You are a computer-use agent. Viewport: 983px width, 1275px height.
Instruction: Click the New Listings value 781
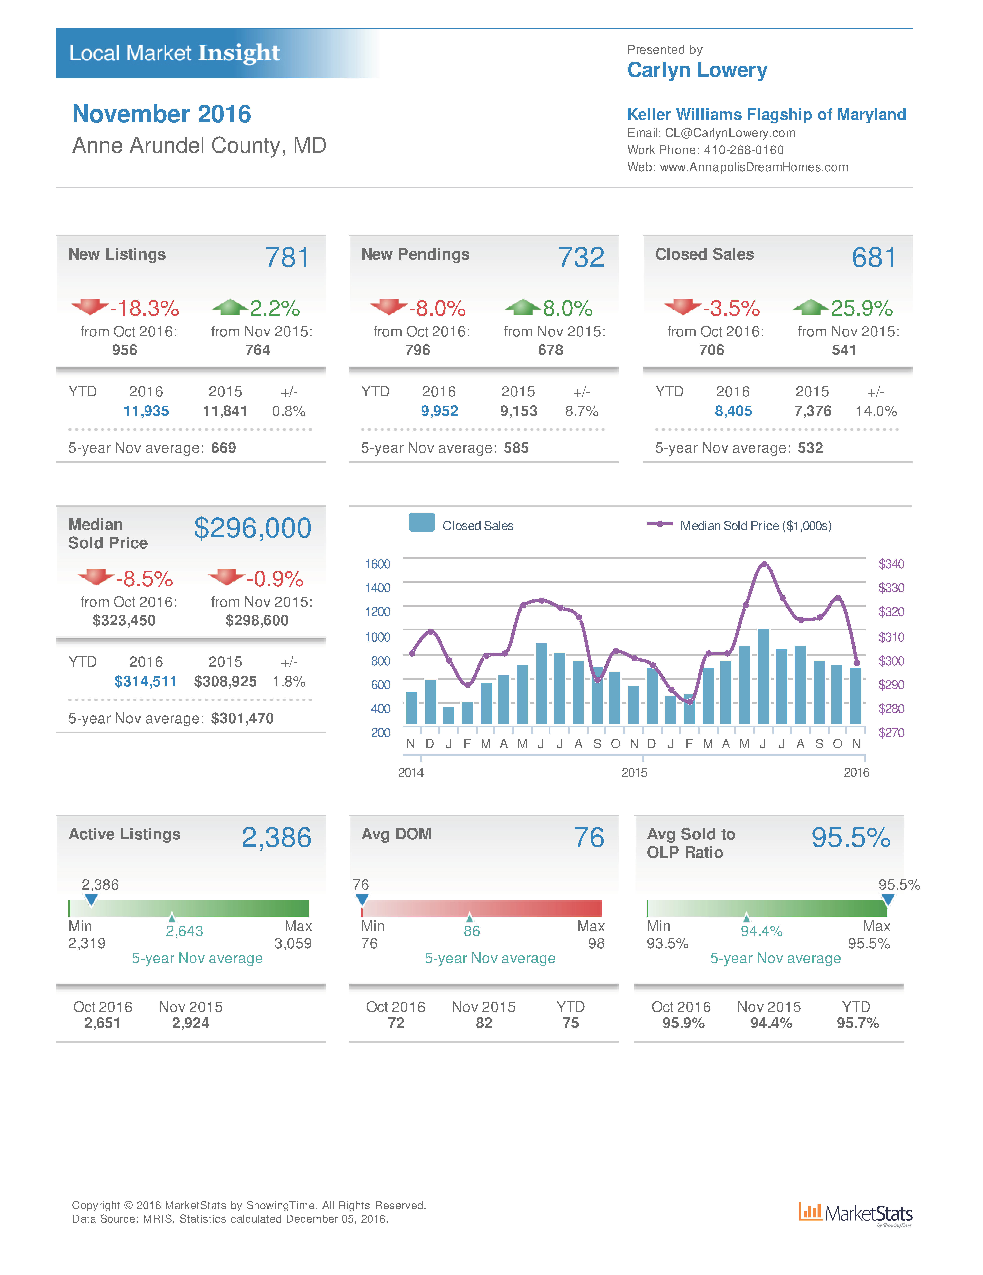tap(287, 258)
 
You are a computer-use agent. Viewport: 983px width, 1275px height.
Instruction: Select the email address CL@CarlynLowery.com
tap(729, 133)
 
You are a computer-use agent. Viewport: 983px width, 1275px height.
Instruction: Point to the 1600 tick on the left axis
tap(377, 564)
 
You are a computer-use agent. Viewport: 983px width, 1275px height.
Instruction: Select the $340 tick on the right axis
tap(891, 564)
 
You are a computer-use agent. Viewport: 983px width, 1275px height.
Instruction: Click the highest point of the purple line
tap(764, 564)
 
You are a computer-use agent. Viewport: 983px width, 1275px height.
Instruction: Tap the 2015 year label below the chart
tap(634, 772)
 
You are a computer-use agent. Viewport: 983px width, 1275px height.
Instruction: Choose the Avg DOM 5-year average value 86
tap(471, 931)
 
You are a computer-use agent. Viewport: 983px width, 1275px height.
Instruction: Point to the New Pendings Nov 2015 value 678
tap(550, 350)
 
